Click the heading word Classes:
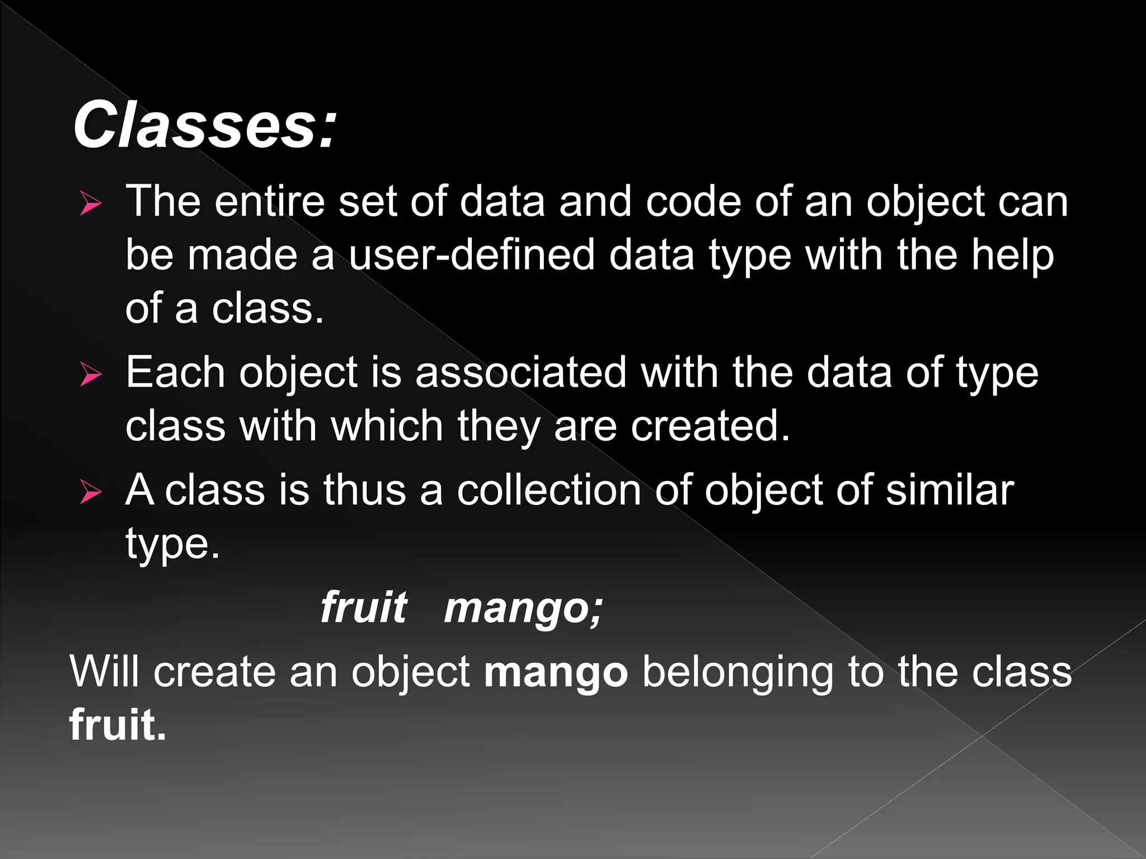tap(205, 124)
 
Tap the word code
tap(693, 201)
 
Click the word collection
tap(549, 490)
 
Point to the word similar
tap(950, 490)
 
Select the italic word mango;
tap(523, 608)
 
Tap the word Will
tap(104, 671)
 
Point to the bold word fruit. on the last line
tap(118, 725)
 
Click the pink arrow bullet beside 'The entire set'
tap(91, 203)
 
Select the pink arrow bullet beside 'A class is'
tap(91, 492)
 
